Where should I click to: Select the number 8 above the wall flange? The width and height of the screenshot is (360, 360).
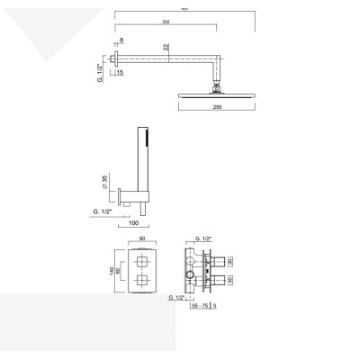coord(122,40)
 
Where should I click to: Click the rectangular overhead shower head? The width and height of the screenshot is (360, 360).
coord(217,93)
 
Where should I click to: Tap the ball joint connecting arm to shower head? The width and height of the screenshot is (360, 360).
coord(217,85)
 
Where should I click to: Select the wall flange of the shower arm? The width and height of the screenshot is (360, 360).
coord(117,60)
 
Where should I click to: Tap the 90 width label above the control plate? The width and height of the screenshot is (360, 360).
coord(143,240)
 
